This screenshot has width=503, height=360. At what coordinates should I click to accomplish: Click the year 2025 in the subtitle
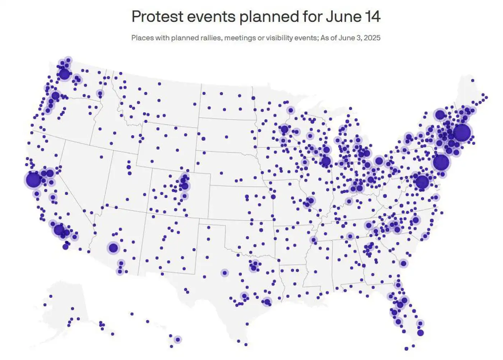[x=372, y=38]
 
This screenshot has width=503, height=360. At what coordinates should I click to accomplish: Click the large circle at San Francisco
[x=33, y=180]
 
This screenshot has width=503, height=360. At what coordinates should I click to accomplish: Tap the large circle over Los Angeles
[x=59, y=230]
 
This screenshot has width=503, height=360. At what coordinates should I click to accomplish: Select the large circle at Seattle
[x=64, y=74]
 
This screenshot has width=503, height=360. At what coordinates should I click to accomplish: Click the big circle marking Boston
[x=462, y=133]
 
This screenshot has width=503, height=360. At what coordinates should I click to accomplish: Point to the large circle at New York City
[x=441, y=162]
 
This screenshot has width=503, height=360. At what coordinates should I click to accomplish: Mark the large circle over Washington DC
[x=422, y=182]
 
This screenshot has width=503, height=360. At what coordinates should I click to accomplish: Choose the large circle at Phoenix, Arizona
[x=113, y=248]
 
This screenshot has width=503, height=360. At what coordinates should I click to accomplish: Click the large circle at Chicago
[x=326, y=161]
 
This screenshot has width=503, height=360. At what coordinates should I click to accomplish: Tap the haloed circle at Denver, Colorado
[x=185, y=186]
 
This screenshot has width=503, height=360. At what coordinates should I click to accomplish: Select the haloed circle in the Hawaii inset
[x=177, y=340]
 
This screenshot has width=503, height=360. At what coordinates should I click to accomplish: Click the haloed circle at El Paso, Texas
[x=225, y=273]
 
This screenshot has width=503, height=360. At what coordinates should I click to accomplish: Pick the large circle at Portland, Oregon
[x=55, y=96]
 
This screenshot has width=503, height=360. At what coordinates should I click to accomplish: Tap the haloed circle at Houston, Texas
[x=267, y=302]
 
